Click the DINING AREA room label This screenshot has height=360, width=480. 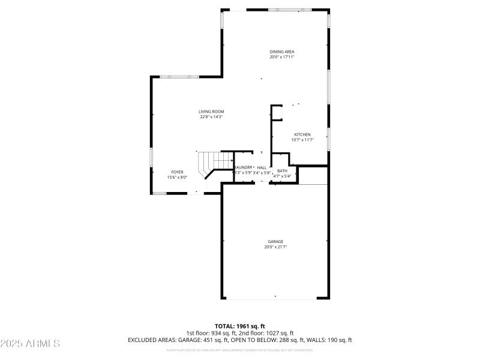pos(281,52)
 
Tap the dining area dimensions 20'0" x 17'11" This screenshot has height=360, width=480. pos(281,57)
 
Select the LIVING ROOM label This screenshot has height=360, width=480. pos(211,112)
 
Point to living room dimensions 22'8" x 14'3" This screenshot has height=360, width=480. pos(211,117)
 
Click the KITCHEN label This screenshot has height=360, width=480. pos(302,134)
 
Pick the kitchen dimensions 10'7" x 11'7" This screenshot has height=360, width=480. pos(302,140)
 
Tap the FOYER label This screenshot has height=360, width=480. pos(177,172)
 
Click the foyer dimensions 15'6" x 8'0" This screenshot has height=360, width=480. pos(177,177)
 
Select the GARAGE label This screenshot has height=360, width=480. pos(275,241)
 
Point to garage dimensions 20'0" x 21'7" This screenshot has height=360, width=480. pos(275,247)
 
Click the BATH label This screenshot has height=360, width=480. pos(282,171)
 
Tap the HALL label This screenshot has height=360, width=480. pos(262,167)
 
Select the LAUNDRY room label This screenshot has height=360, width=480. pos(243,167)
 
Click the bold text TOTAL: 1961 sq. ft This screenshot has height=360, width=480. pos(240,326)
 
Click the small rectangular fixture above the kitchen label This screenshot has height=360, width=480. pos(278,112)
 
